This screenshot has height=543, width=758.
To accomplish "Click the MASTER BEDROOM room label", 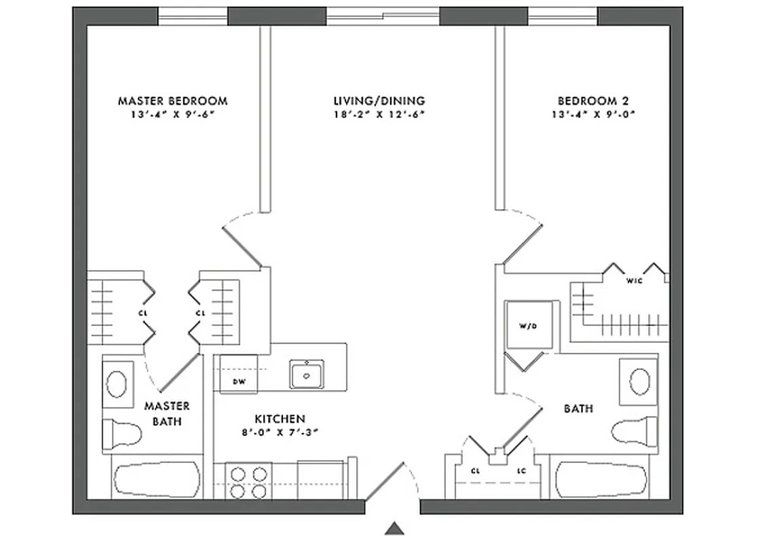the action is click(x=172, y=101).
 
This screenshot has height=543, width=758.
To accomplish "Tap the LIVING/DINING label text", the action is click(x=379, y=101).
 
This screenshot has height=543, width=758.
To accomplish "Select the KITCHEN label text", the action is click(x=280, y=419).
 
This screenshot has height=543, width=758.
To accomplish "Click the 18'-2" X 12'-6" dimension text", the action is click(x=379, y=114).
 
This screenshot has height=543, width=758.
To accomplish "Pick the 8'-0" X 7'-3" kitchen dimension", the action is click(x=280, y=432).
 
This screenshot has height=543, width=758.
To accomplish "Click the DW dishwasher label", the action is click(x=239, y=381).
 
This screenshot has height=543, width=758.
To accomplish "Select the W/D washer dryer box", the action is click(x=529, y=326).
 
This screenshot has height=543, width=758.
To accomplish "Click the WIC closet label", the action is click(x=634, y=280).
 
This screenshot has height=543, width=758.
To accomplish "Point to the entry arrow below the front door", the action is click(x=394, y=527).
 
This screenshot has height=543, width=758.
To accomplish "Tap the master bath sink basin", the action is click(x=117, y=383).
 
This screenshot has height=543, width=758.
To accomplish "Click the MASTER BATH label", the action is click(x=166, y=413).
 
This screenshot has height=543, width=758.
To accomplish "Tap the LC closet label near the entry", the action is click(x=521, y=470).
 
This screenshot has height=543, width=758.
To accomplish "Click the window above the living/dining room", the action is click(x=383, y=15).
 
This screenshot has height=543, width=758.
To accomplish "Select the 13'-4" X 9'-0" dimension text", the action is click(x=592, y=114).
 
